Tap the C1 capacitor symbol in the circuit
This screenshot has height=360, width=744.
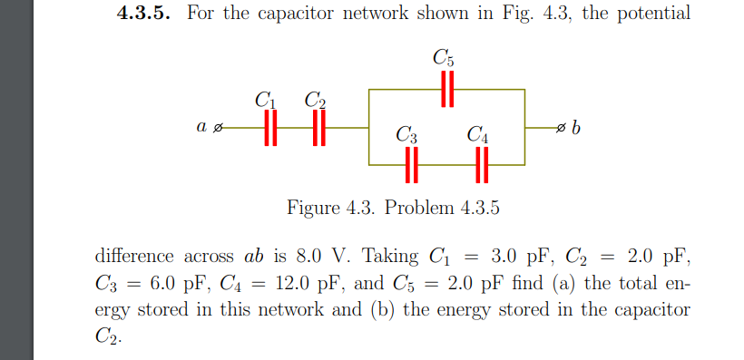click(x=268, y=130)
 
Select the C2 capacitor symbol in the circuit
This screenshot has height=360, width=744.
click(x=318, y=130)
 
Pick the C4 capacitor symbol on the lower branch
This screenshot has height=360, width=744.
click(x=482, y=165)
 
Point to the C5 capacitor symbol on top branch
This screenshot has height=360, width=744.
click(x=445, y=90)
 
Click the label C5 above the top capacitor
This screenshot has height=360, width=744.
click(x=444, y=59)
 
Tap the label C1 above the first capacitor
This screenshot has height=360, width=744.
click(x=265, y=99)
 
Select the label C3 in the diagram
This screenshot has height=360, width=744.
click(x=407, y=137)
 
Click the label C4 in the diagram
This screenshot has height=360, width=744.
click(x=478, y=137)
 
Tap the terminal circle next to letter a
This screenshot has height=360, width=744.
click(x=216, y=130)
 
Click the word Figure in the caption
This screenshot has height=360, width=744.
click(x=314, y=208)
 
